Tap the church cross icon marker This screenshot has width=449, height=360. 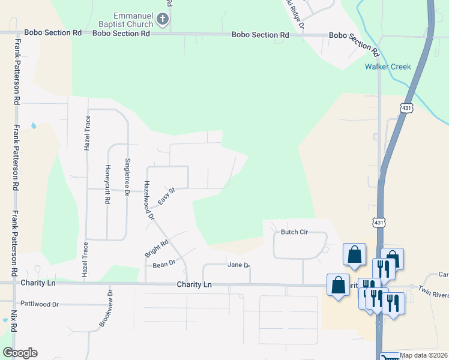(161, 20)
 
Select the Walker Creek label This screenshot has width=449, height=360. (388, 67)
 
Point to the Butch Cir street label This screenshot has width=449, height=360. (294, 232)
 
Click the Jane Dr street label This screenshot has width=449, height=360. (238, 265)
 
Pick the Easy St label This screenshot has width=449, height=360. (166, 195)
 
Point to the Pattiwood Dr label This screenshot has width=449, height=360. (39, 304)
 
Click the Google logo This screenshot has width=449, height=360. (20, 353)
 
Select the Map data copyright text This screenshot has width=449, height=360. (423, 355)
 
